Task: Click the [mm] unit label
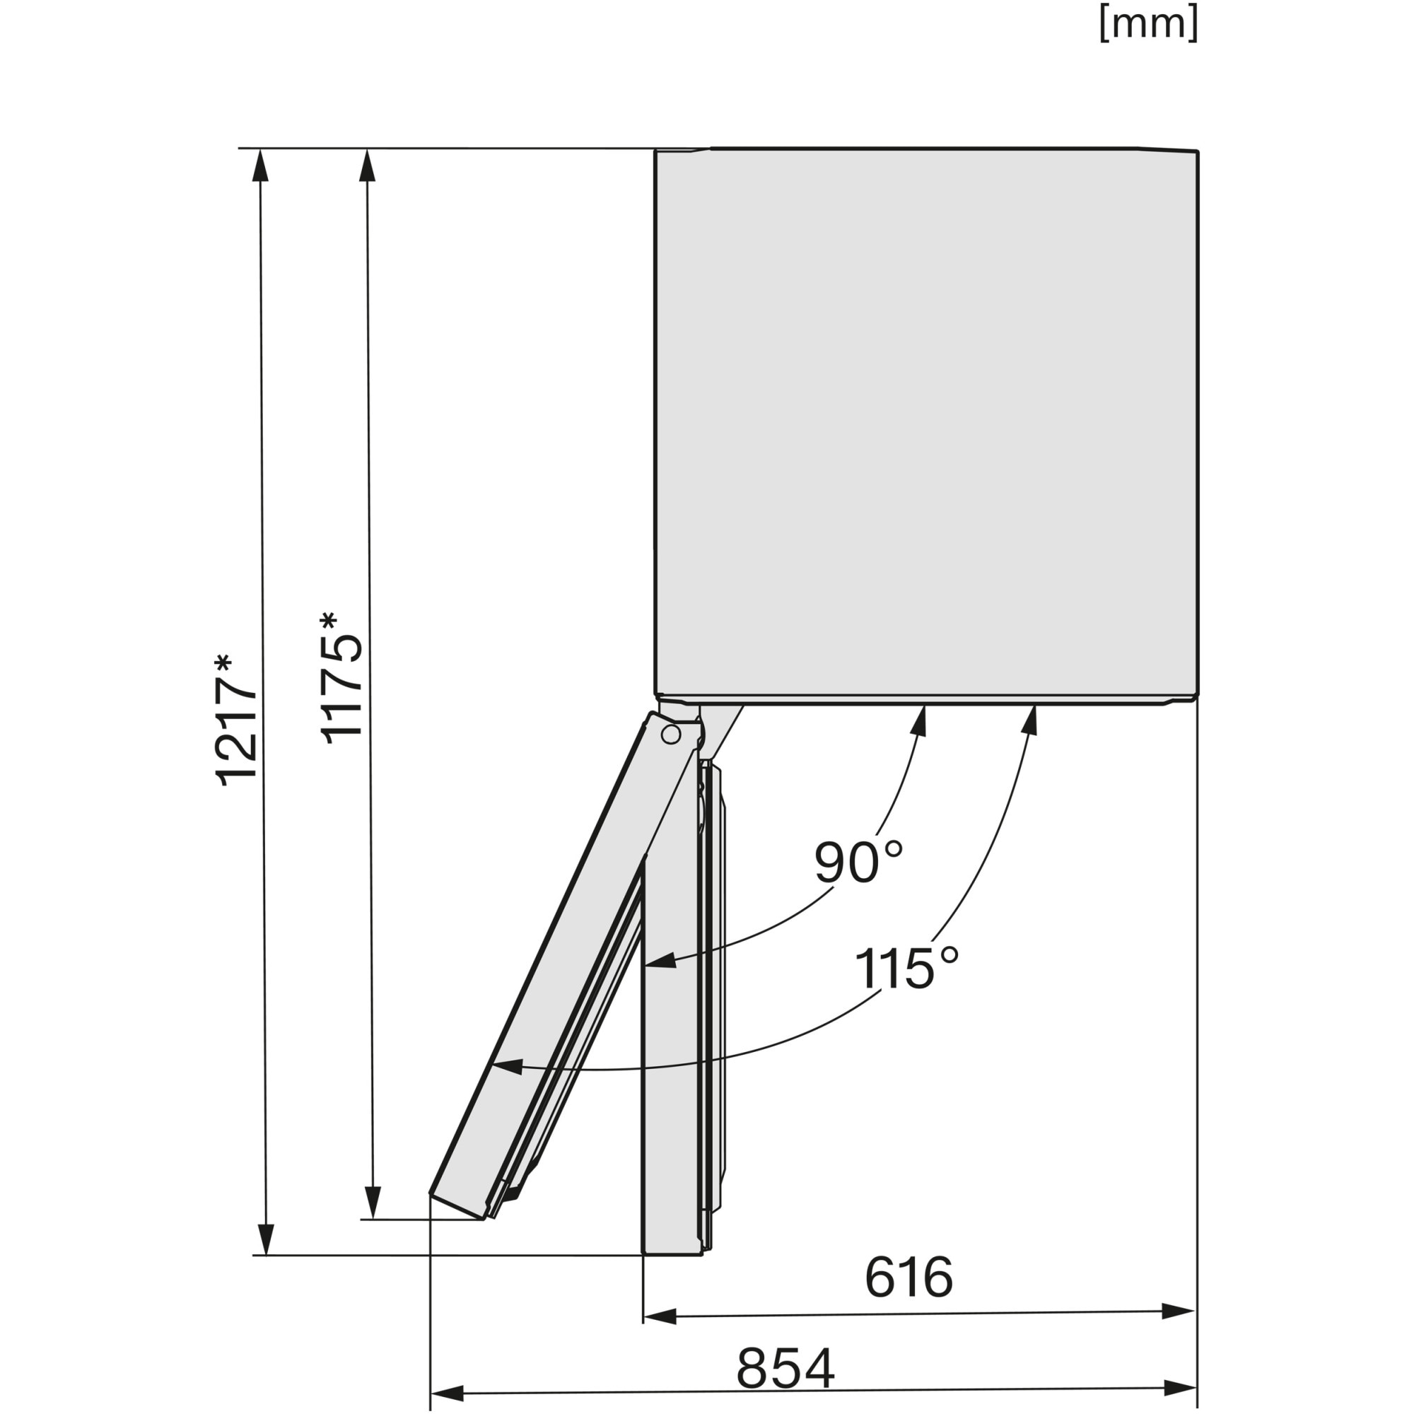coord(1148,24)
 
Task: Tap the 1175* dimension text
coord(341,678)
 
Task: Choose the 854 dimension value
coord(785,1367)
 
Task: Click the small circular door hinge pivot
coord(670,735)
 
